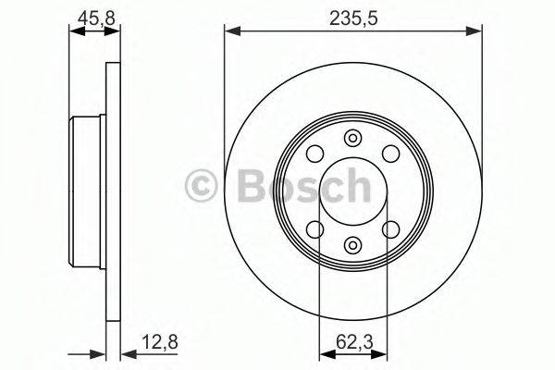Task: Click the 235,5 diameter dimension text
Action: [352, 17]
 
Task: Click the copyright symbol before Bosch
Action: [202, 186]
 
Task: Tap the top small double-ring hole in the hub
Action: [352, 139]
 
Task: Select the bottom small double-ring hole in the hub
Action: [352, 245]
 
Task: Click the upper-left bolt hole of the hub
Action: [314, 154]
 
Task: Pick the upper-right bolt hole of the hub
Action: [389, 154]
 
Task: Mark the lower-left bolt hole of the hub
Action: [314, 229]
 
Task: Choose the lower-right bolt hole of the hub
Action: [389, 229]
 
